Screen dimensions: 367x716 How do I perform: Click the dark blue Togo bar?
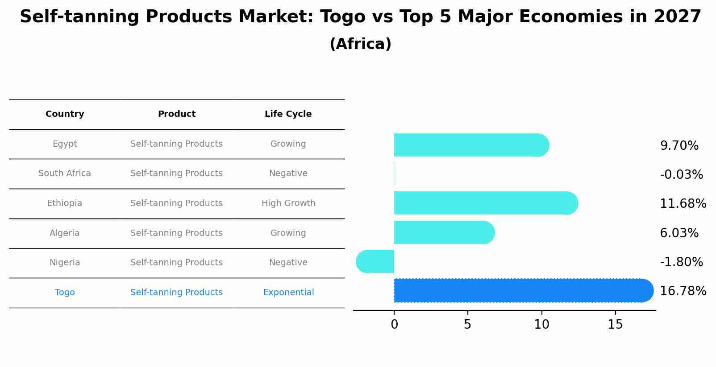pyautogui.click(x=522, y=290)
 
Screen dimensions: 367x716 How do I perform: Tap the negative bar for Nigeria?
pyautogui.click(x=375, y=261)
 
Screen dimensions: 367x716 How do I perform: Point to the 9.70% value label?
pyautogui.click(x=679, y=146)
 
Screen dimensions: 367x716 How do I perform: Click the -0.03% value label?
pyautogui.click(x=681, y=174)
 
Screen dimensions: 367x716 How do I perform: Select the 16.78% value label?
pyautogui.click(x=683, y=291)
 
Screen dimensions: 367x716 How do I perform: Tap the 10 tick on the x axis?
pyautogui.click(x=541, y=325)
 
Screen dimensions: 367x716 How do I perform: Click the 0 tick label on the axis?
pyautogui.click(x=394, y=325)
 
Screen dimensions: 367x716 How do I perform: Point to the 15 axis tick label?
pyautogui.click(x=615, y=325)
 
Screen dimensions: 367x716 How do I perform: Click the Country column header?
pyautogui.click(x=65, y=114)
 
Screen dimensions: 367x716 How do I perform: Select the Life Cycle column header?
pyautogui.click(x=288, y=114)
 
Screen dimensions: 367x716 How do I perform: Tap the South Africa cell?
pyautogui.click(x=65, y=173)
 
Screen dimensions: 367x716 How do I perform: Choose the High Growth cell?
pyautogui.click(x=288, y=203)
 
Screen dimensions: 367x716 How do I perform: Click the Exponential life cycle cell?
pyautogui.click(x=288, y=293)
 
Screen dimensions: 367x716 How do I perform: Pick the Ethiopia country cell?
pyautogui.click(x=65, y=203)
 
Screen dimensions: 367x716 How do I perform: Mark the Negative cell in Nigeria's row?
pyautogui.click(x=288, y=263)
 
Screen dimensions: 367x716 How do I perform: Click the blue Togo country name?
pyautogui.click(x=65, y=293)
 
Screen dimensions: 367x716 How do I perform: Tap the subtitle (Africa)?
pyautogui.click(x=360, y=44)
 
